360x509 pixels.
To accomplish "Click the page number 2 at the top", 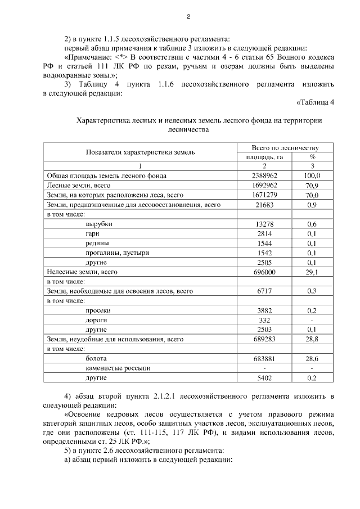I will pyautogui.click(x=189, y=16).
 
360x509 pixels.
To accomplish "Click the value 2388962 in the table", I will pyautogui.click(x=264, y=175).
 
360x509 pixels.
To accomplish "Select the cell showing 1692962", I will pyautogui.click(x=264, y=185).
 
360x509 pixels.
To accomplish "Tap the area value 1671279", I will pyautogui.click(x=264, y=195).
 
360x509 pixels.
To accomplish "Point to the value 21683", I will pyautogui.click(x=264, y=205).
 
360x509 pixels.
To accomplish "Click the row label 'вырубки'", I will pyautogui.click(x=98, y=224).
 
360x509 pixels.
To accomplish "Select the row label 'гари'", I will pyautogui.click(x=93, y=233).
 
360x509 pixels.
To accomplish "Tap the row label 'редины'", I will pyautogui.click(x=97, y=243).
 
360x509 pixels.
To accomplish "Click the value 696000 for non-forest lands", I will pyautogui.click(x=264, y=272).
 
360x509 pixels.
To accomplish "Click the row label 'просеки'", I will pyautogui.click(x=98, y=310).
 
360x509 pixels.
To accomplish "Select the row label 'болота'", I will pyautogui.click(x=96, y=358).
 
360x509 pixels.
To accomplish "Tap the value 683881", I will pyautogui.click(x=264, y=358).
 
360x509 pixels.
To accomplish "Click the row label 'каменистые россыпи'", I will pyautogui.click(x=116, y=368).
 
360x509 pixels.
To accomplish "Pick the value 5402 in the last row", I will pyautogui.click(x=264, y=377).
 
